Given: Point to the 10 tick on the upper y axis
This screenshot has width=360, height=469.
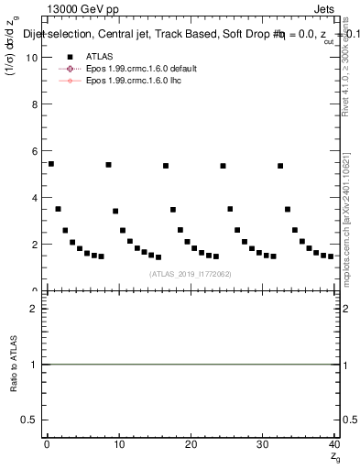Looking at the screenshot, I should coord(31,57).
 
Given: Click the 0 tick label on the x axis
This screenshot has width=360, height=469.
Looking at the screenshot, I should coord(47,444).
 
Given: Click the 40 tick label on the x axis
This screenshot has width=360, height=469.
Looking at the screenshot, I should coord(334,444).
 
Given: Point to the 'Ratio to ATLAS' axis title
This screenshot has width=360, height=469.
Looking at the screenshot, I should coord(13,364).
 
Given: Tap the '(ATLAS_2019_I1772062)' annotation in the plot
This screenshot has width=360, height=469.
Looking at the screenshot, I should coord(190,274).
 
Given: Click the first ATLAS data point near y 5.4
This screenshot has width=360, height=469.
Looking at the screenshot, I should coord(50,164).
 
